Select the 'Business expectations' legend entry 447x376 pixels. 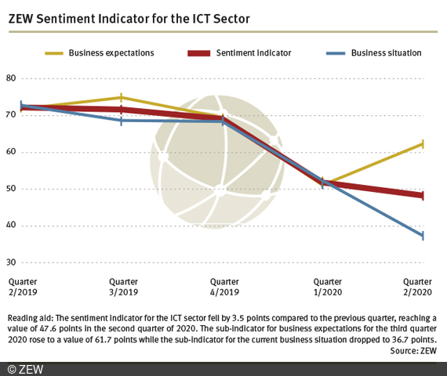click(111, 53)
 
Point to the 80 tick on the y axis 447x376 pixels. click(11, 78)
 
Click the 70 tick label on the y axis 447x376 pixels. click(11, 115)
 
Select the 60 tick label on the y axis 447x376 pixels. click(11, 152)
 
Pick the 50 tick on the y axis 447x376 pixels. click(11, 189)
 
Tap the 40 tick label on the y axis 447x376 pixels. click(11, 226)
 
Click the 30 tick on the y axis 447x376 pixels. click(11, 262)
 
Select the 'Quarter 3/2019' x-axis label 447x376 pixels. click(122, 286)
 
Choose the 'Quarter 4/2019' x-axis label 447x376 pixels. click(225, 286)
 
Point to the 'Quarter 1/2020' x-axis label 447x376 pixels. click(327, 286)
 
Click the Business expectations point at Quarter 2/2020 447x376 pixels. click(423, 144)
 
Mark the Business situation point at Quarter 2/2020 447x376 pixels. click(423, 236)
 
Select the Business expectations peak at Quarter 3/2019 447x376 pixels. click(121, 98)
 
